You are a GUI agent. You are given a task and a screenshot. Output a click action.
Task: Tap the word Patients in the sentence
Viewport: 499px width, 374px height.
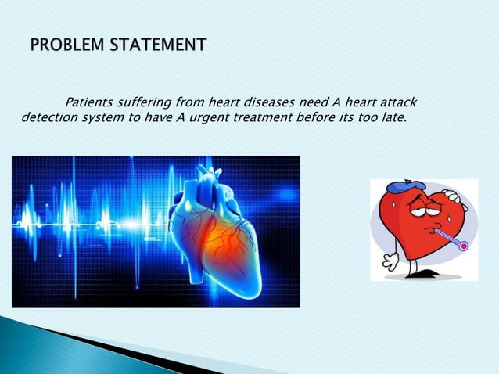click(x=90, y=102)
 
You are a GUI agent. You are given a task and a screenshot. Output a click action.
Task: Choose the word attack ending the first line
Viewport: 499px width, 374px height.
click(x=397, y=102)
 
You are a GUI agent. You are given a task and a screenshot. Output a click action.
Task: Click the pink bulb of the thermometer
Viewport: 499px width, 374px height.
click(x=463, y=246)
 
